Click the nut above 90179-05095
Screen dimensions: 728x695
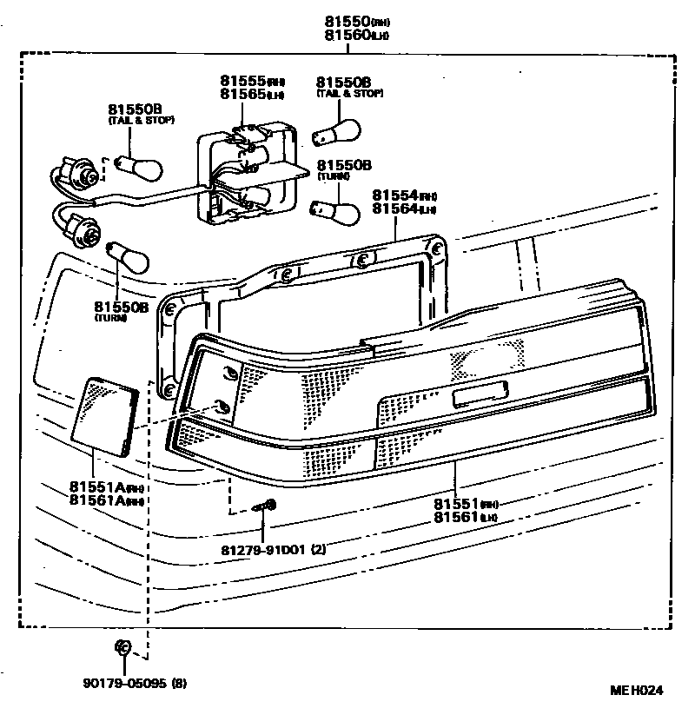123,646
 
